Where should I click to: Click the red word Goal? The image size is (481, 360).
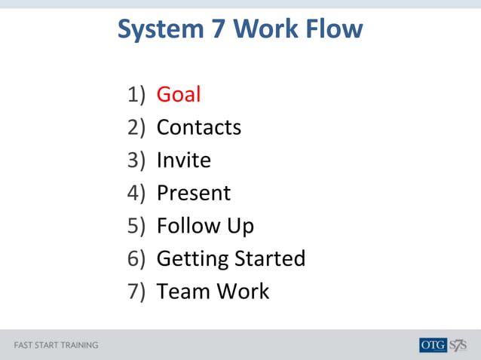click(179, 95)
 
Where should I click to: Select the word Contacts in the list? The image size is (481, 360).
click(199, 127)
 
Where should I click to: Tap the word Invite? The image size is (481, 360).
click(184, 160)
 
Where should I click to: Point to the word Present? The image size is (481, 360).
click(194, 193)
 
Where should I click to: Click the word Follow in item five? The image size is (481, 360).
click(188, 225)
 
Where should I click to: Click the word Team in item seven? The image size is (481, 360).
click(181, 291)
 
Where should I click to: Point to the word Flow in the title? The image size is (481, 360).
click(335, 29)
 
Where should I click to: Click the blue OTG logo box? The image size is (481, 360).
click(433, 346)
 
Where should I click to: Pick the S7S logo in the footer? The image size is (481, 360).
click(458, 346)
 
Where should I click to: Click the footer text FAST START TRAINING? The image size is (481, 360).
click(57, 346)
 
